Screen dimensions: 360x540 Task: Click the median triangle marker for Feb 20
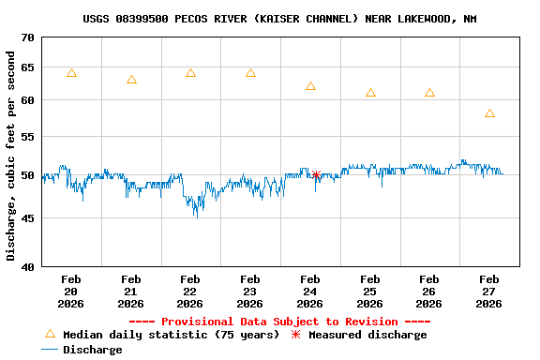pos(71,73)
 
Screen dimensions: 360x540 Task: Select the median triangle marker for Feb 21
pos(131,80)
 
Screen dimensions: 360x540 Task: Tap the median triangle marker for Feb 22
pos(190,73)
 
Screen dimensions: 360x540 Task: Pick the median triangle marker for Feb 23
pos(250,73)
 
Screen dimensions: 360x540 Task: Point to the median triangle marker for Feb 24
pos(310,86)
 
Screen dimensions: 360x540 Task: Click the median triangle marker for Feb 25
pos(370,93)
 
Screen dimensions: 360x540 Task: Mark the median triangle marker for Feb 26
pos(429,93)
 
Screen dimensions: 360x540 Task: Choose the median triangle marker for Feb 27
pos(489,113)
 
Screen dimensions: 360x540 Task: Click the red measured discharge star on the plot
pos(317,174)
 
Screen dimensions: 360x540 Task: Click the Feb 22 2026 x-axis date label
pos(190,291)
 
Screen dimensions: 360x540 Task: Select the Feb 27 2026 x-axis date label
pos(489,291)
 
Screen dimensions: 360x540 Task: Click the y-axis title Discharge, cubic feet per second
pos(11,156)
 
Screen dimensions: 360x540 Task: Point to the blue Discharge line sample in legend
pos(50,350)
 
